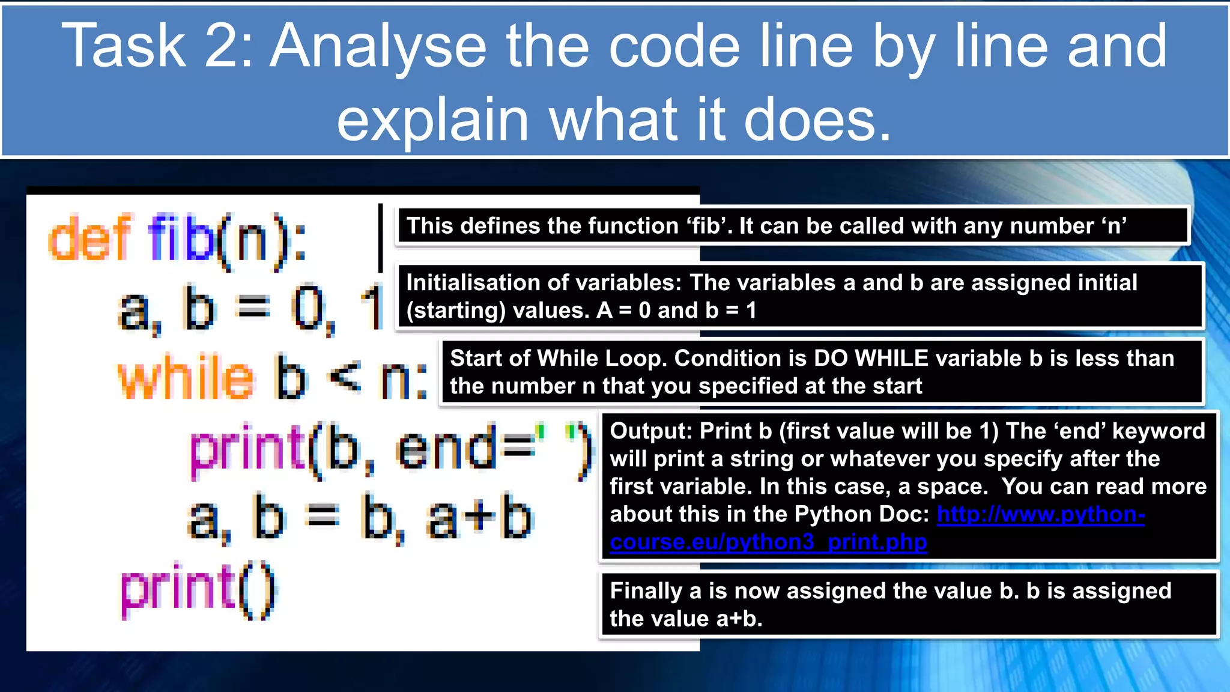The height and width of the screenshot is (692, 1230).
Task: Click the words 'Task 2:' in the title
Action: [157, 46]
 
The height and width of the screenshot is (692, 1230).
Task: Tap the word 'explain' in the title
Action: [432, 120]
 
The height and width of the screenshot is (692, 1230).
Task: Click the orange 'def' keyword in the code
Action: [90, 238]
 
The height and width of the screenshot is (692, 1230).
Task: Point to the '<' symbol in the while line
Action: [345, 377]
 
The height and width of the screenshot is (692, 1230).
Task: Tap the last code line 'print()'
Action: [198, 590]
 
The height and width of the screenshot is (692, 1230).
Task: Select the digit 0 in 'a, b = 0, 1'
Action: [308, 309]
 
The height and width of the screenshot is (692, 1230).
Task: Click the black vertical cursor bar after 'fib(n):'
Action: [380, 238]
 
